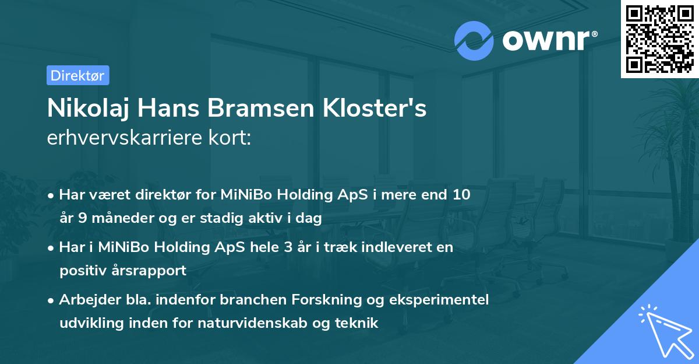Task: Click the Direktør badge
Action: coord(77,75)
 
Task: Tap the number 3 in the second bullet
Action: coord(288,247)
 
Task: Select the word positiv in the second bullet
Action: coord(81,271)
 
